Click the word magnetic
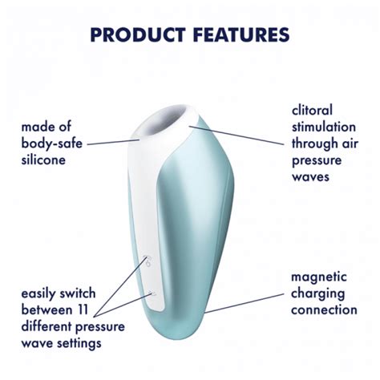point(321,277)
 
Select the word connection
point(324,309)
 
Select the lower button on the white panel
point(152,294)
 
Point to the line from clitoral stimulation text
point(241,135)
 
